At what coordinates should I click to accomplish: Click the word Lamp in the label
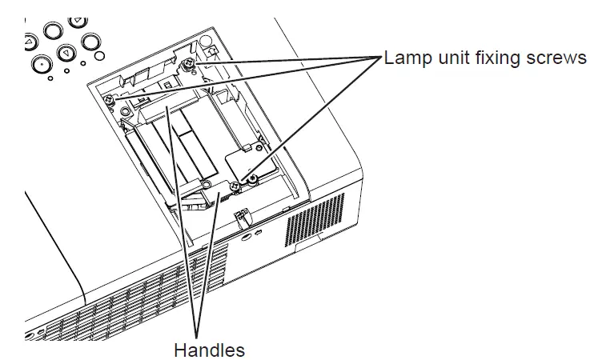click(405, 59)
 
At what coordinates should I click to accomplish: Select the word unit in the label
click(450, 59)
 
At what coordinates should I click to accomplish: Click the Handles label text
click(209, 350)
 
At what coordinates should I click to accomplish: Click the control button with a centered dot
click(38, 62)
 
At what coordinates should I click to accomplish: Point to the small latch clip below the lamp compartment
click(239, 216)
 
